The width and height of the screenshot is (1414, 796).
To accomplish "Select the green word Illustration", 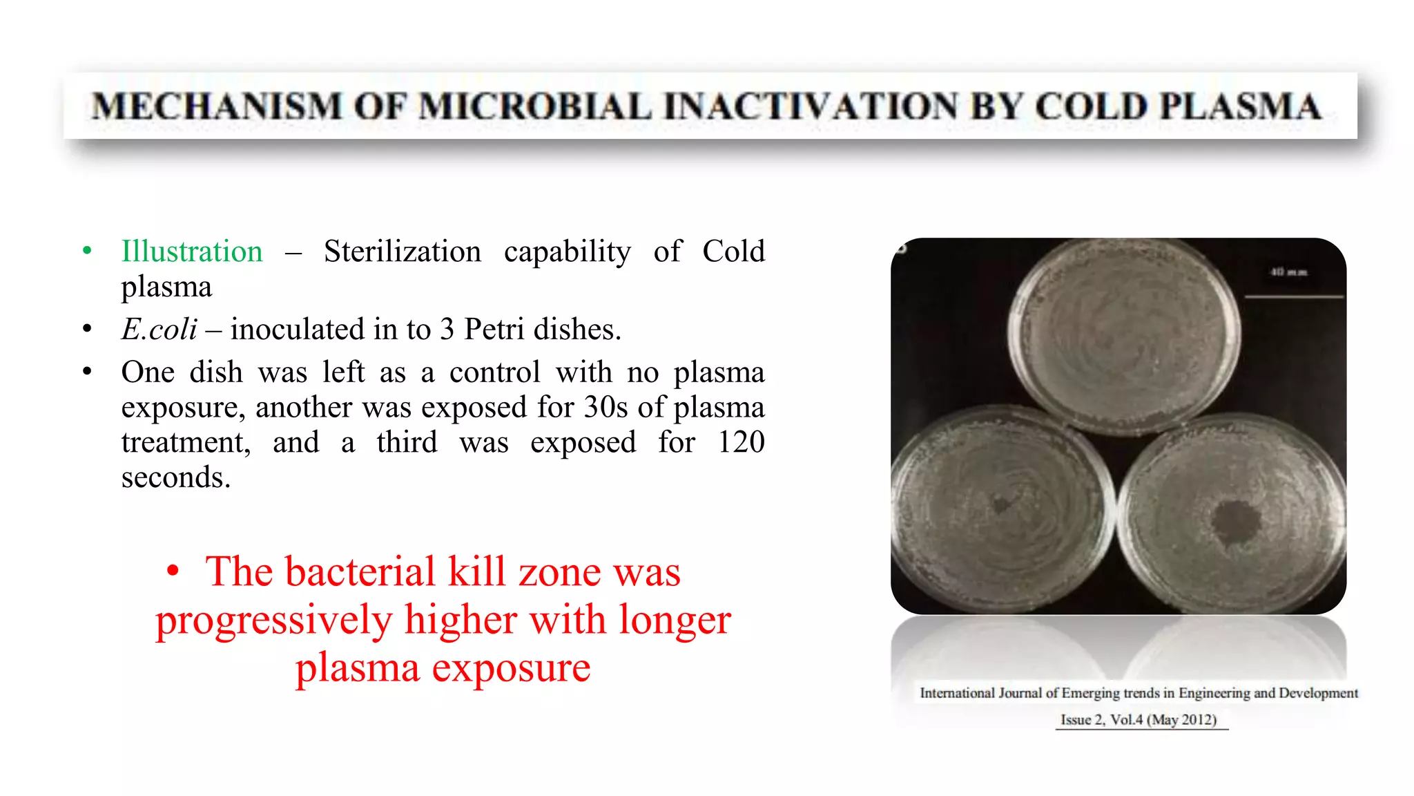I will [x=192, y=252].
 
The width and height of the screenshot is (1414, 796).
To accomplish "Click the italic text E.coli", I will [x=159, y=330].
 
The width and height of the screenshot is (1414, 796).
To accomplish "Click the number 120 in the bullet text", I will [x=741, y=442].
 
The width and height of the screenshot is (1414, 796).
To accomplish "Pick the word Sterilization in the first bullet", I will [x=403, y=252].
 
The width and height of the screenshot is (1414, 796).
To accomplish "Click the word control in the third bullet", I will [x=494, y=372].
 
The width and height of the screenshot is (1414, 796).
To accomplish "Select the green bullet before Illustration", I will [x=87, y=251].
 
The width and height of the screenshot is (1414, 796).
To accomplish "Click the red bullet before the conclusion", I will [x=173, y=571].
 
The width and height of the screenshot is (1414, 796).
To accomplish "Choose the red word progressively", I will [x=273, y=620].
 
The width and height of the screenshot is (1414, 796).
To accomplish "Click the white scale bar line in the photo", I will [x=1293, y=297].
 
